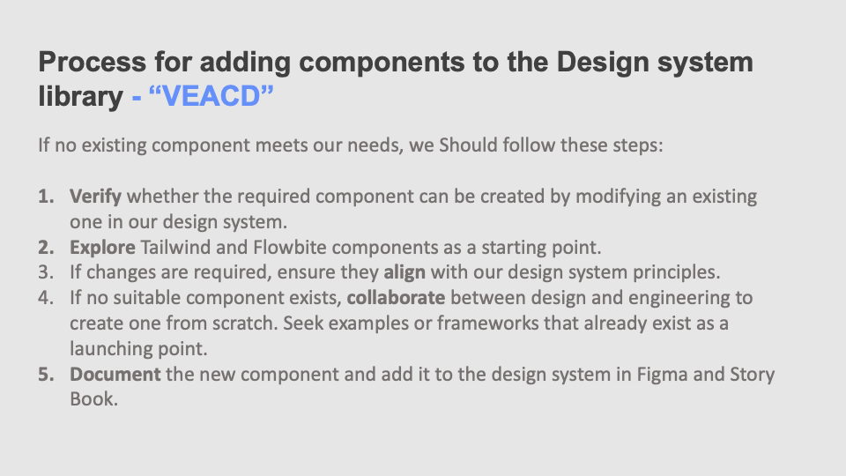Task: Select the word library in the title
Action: (x=80, y=96)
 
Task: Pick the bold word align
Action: (x=404, y=271)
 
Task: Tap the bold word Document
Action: (x=115, y=374)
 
